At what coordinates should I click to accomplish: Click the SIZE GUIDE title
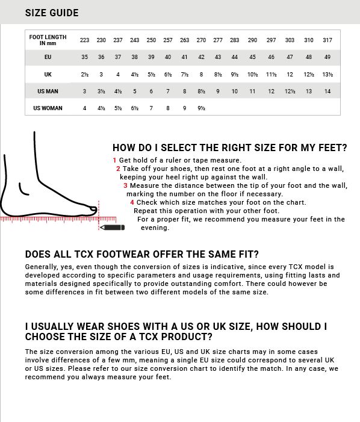pyautogui.click(x=52, y=13)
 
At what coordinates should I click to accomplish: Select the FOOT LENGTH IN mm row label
pyautogui.click(x=48, y=40)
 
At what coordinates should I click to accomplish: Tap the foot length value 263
pyautogui.click(x=184, y=40)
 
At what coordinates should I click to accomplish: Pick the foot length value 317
pyautogui.click(x=327, y=40)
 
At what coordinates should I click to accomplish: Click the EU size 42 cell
pyautogui.click(x=201, y=57)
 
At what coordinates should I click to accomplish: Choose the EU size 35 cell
pyautogui.click(x=84, y=57)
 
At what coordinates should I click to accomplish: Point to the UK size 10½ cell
pyautogui.click(x=252, y=75)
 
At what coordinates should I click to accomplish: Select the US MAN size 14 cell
pyautogui.click(x=327, y=92)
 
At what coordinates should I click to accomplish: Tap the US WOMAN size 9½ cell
pyautogui.click(x=201, y=108)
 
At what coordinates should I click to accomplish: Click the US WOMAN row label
pyautogui.click(x=48, y=108)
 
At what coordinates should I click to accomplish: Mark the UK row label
pyautogui.click(x=48, y=75)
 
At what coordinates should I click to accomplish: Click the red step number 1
pyautogui.click(x=114, y=161)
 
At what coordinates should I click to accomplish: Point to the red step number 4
pyautogui.click(x=131, y=203)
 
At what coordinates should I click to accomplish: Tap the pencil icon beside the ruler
pyautogui.click(x=113, y=227)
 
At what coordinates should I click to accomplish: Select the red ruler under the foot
pyautogui.click(x=57, y=220)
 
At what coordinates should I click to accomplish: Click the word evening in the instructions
pyautogui.click(x=155, y=228)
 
